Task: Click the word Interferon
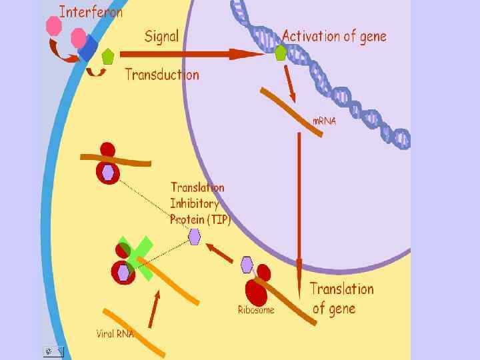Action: click(91, 13)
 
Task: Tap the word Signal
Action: click(161, 35)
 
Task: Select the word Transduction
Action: click(162, 74)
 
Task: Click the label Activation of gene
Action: click(334, 35)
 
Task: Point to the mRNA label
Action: click(325, 121)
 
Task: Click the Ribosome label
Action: click(256, 309)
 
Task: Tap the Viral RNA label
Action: click(115, 334)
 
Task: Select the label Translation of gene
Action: click(341, 298)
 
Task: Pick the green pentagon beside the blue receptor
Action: click(107, 56)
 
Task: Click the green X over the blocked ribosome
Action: click(136, 254)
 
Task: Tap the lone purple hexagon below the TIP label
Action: click(194, 236)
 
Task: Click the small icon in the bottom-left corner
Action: click(53, 351)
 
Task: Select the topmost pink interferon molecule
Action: click(53, 25)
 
